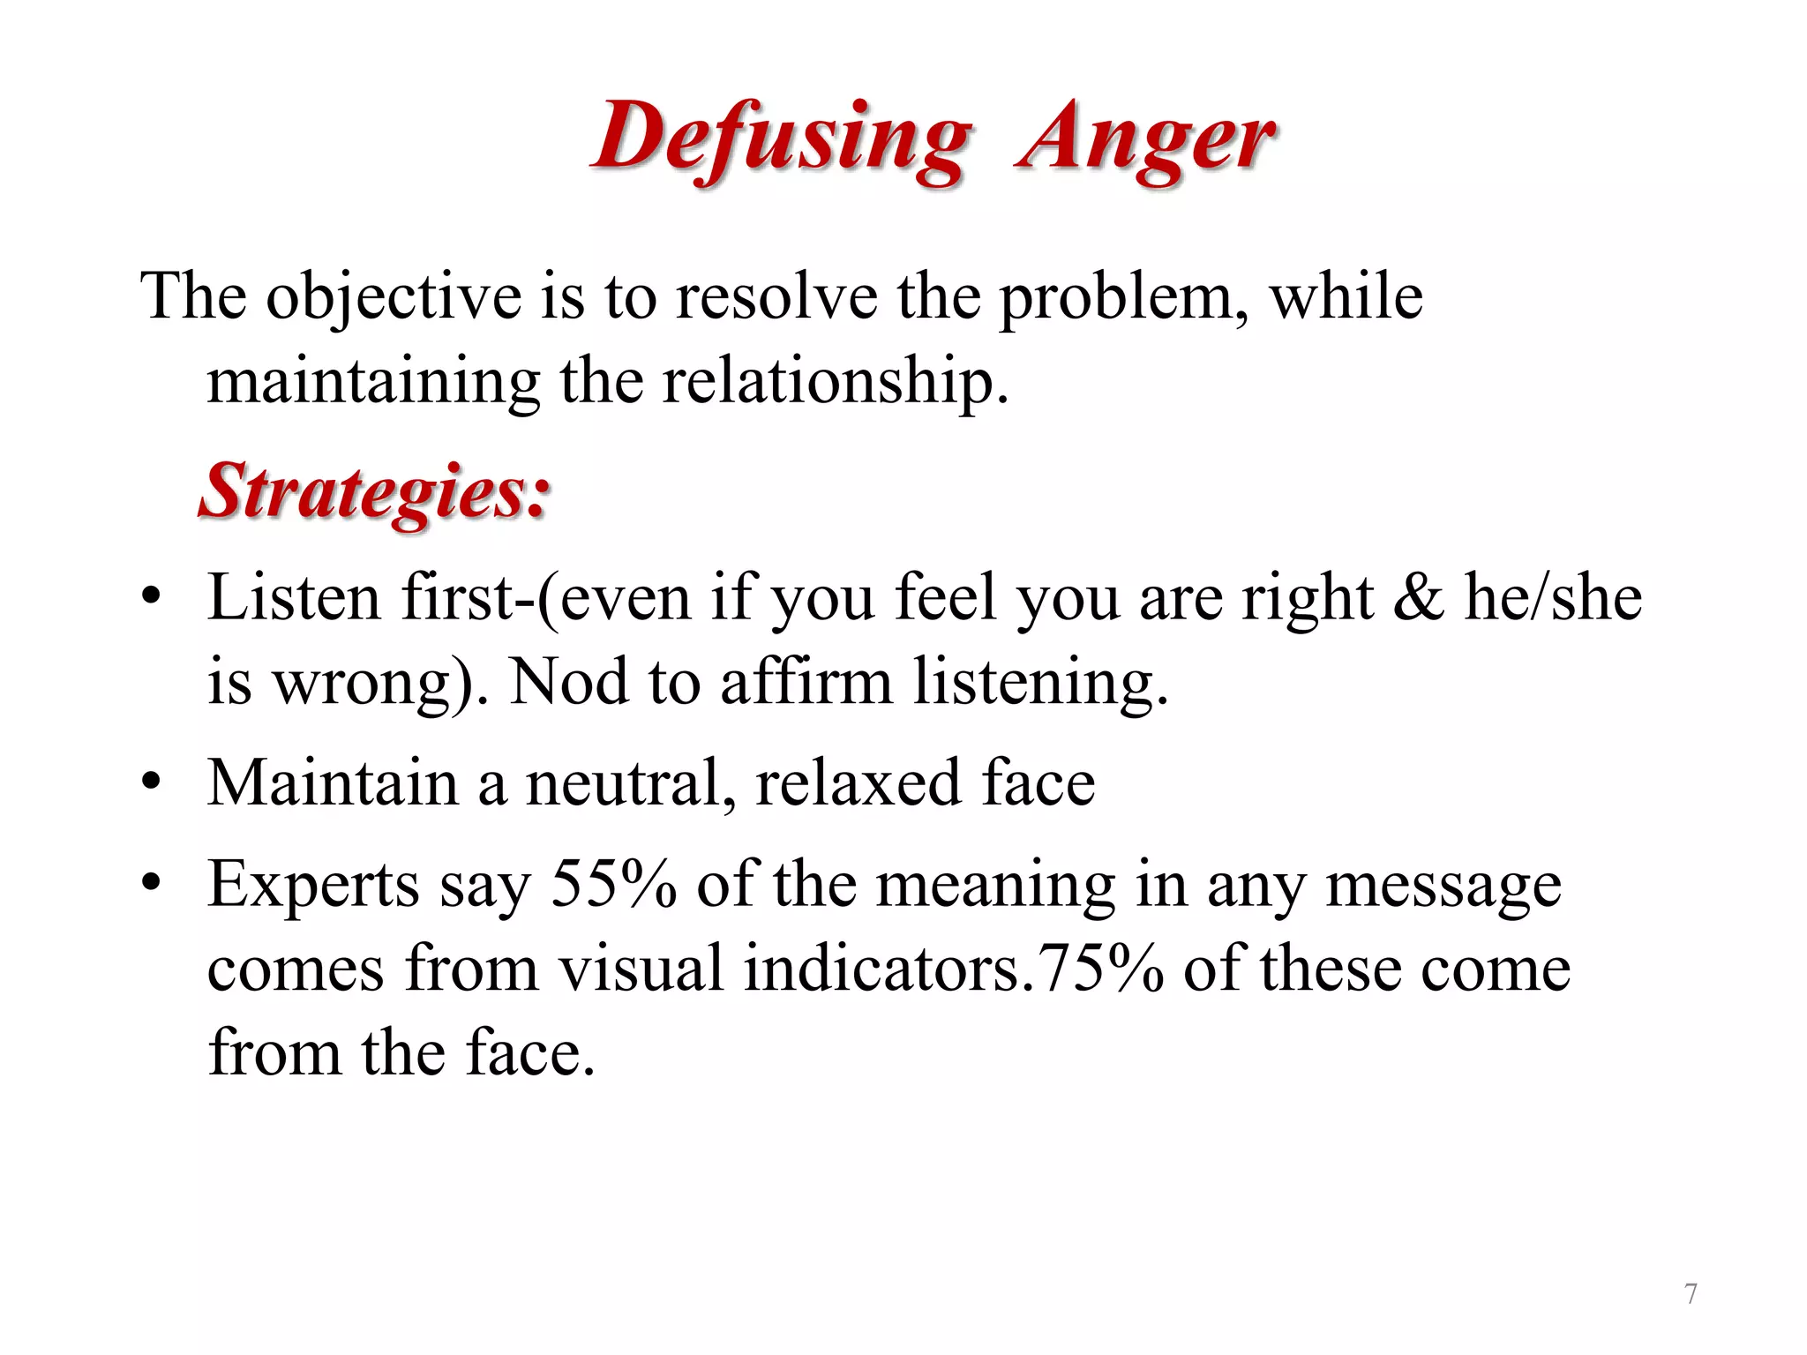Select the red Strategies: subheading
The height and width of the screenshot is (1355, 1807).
pos(375,491)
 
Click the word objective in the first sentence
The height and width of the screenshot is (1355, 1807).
pos(394,298)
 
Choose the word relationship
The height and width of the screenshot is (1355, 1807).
pos(834,383)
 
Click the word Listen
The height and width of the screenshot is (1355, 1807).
pos(294,598)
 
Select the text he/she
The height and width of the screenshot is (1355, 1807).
pos(1553,598)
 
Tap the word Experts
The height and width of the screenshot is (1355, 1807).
pos(313,885)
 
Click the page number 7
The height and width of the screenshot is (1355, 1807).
pos(1691,1294)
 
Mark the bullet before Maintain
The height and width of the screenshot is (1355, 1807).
pos(152,782)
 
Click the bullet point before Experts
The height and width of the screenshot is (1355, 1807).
pos(152,882)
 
